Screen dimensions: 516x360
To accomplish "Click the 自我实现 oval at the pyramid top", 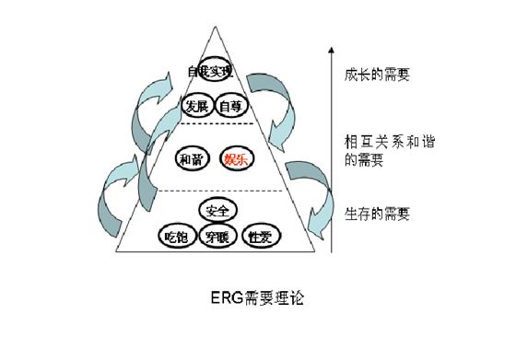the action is tap(211, 71).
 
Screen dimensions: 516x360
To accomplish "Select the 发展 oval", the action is tap(195, 106).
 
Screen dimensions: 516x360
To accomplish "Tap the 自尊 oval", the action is tap(228, 106).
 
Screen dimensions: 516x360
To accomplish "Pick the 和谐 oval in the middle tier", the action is tap(191, 158).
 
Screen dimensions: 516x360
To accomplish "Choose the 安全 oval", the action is tap(218, 212).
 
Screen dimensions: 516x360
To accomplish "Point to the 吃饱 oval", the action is tap(177, 237).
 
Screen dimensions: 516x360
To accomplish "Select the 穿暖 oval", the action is tap(218, 238).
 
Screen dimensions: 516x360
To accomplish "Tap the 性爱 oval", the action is tap(260, 237).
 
